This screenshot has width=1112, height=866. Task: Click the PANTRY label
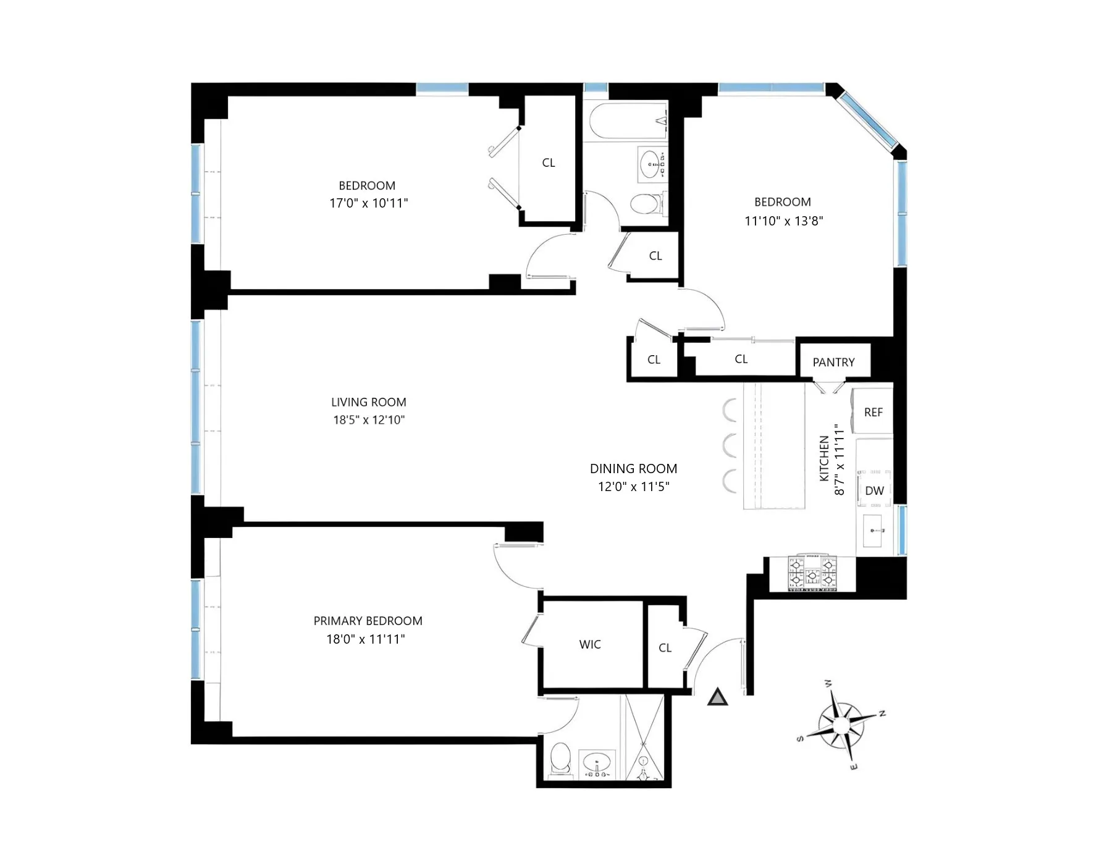(833, 362)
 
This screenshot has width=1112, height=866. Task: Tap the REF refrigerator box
(873, 412)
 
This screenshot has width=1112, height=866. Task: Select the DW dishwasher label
(874, 490)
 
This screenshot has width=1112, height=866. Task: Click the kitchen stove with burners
(812, 573)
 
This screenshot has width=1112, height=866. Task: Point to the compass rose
(841, 723)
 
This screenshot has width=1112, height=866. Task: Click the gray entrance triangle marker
(717, 697)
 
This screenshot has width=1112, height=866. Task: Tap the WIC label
(590, 644)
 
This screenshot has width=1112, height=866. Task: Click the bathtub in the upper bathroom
(627, 120)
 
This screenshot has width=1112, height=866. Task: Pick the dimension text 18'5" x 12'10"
(369, 420)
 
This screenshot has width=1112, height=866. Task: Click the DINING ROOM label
(633, 468)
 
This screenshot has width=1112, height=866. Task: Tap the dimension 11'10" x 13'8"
(783, 221)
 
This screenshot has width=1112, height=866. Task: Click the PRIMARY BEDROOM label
(368, 621)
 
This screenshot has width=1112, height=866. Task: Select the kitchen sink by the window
(874, 531)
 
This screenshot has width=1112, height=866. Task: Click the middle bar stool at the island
(730, 445)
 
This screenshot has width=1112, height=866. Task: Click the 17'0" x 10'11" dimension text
(368, 203)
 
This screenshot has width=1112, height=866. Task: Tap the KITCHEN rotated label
(824, 458)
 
